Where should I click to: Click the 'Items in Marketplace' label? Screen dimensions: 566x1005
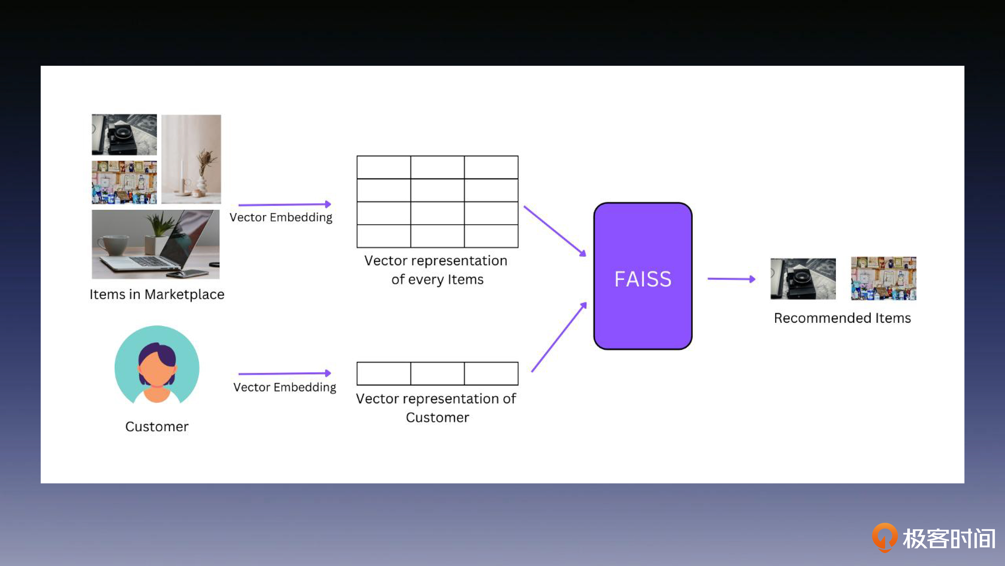coord(157,294)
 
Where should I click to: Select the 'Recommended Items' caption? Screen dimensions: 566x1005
coord(842,318)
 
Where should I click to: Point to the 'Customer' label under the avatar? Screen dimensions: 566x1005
coord(157,426)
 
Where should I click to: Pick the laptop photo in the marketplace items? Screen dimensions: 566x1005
coord(156,244)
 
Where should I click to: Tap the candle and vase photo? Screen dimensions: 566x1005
coord(191,159)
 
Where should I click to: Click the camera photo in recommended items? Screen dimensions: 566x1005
coord(803,278)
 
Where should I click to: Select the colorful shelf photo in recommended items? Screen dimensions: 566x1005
coord(883,278)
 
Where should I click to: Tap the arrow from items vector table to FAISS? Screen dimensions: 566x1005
coord(555,231)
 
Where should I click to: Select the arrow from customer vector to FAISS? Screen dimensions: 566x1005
coord(559,337)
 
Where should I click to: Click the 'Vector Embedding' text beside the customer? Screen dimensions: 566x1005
coord(284,387)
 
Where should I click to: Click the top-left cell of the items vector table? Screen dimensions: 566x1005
coord(383,167)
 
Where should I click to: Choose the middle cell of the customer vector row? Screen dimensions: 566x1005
coord(437,373)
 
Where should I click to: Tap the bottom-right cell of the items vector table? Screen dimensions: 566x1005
coord(491,236)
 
